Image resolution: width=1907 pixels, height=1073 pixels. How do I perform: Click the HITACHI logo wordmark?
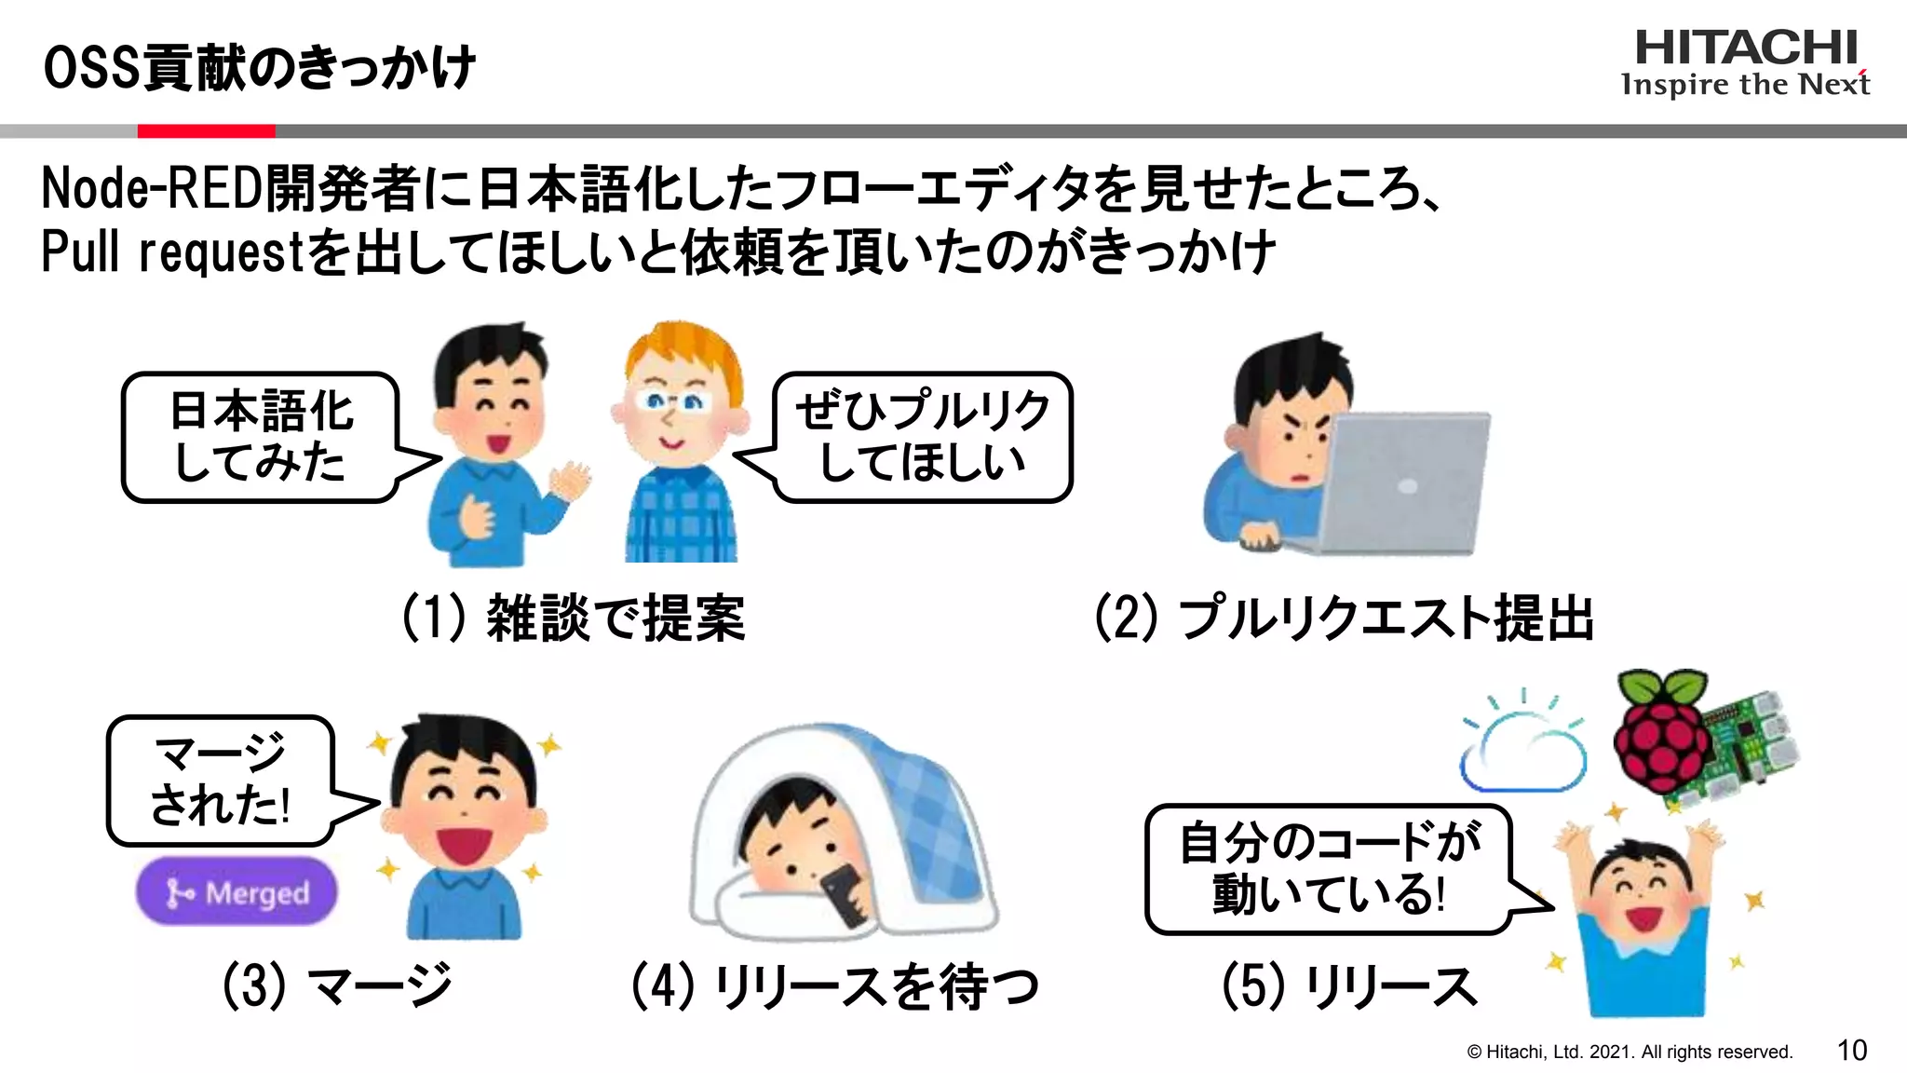[x=1745, y=48]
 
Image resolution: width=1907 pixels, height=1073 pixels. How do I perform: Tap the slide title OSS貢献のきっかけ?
[x=260, y=68]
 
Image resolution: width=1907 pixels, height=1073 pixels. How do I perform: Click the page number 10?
[x=1851, y=1051]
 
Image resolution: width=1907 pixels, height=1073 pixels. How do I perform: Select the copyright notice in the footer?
[x=1630, y=1052]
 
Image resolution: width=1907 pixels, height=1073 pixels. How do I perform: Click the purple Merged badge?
[x=237, y=892]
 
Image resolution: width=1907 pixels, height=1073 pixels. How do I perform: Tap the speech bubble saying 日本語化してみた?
[x=260, y=437]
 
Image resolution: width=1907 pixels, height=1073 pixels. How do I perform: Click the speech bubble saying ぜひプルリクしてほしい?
[x=922, y=437]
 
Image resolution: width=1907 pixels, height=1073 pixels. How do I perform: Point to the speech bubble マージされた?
[x=221, y=781]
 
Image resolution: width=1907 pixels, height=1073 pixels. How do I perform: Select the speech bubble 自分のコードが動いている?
[x=1327, y=868]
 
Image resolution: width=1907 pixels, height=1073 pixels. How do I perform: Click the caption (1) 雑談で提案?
[x=573, y=618]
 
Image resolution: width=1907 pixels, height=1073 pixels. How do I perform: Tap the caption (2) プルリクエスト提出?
[x=1344, y=618]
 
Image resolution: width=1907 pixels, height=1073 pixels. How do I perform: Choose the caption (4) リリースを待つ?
[x=834, y=986]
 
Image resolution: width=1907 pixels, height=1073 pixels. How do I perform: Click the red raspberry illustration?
[x=1662, y=736]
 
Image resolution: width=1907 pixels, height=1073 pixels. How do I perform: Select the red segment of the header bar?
[x=206, y=131]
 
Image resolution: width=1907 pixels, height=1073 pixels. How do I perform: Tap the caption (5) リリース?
[x=1349, y=986]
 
